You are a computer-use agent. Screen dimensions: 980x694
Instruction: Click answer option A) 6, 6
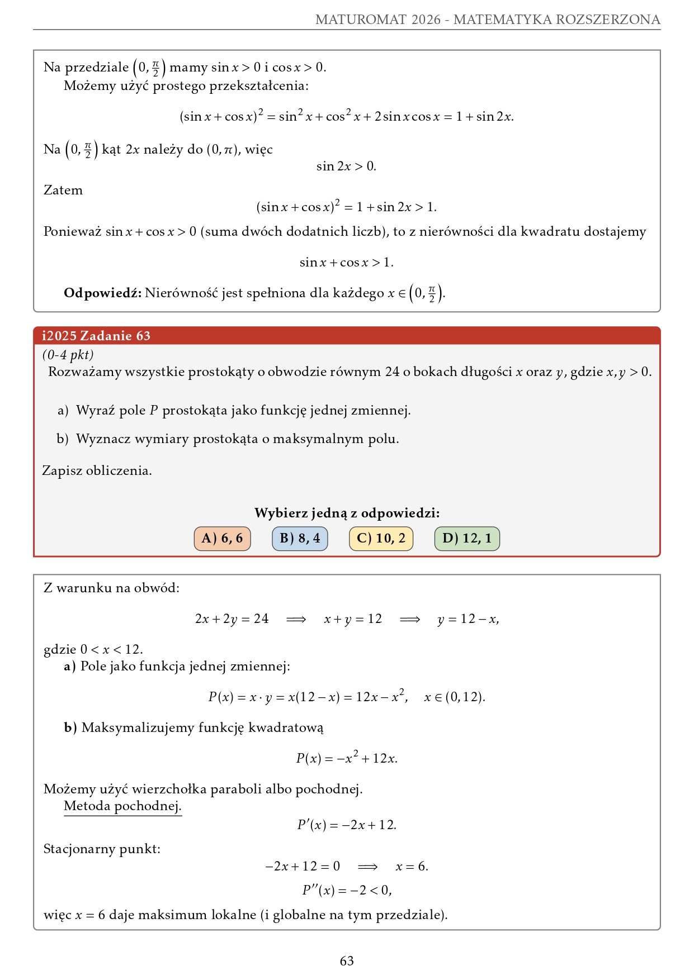tap(222, 539)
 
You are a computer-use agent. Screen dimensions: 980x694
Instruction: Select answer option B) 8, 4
tap(300, 539)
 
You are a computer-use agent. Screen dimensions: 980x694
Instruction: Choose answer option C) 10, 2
tap(381, 539)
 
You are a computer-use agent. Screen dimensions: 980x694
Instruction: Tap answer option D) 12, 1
tap(467, 539)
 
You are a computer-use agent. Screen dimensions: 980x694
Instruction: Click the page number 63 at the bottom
tap(347, 960)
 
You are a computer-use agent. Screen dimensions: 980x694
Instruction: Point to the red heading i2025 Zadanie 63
tap(96, 336)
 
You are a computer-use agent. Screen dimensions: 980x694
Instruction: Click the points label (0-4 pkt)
tap(68, 355)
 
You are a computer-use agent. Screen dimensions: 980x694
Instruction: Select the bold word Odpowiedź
tap(103, 293)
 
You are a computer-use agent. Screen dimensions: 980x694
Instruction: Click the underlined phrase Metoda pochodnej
tap(122, 806)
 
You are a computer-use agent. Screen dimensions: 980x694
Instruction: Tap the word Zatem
tap(63, 191)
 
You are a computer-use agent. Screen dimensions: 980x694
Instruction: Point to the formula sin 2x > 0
tap(346, 166)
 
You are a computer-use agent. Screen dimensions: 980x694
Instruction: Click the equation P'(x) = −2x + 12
tap(347, 825)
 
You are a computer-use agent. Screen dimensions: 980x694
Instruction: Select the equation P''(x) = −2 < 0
tap(347, 890)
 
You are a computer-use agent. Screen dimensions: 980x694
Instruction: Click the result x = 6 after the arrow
tap(412, 867)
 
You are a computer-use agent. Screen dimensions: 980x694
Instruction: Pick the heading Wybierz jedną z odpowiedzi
tap(347, 513)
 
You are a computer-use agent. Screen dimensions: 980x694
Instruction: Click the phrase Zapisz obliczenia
tap(97, 471)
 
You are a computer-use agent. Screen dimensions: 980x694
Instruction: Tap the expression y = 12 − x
tap(468, 619)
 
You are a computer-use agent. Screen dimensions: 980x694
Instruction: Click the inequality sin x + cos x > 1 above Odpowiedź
tap(347, 263)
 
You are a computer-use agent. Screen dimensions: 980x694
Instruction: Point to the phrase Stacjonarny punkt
tap(102, 849)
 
